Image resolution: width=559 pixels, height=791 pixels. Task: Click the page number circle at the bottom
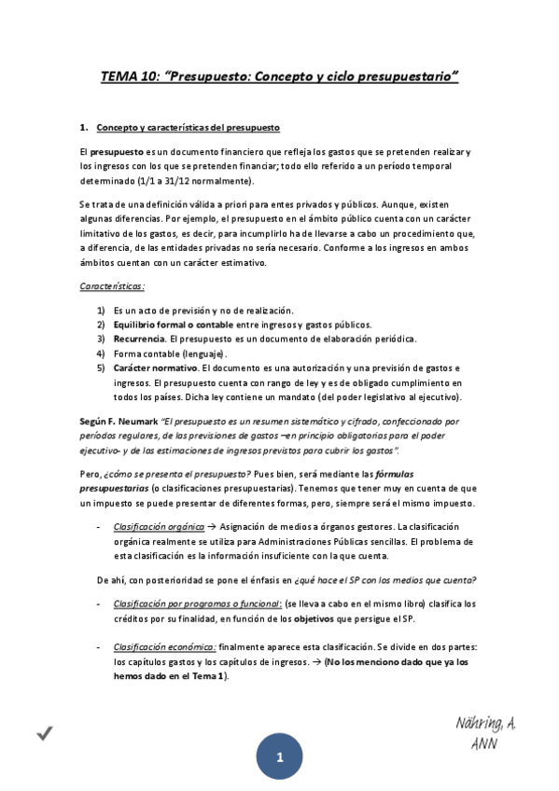coord(279,758)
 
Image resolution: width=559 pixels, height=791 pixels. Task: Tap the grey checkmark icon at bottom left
coord(44,735)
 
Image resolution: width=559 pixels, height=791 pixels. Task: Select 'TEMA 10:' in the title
coord(131,77)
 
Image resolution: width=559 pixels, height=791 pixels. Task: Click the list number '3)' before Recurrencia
coord(101,339)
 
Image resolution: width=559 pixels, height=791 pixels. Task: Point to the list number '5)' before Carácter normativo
coord(101,368)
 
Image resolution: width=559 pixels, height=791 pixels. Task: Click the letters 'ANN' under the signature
coord(484,744)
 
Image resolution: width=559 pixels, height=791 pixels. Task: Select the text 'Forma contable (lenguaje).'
coord(168,354)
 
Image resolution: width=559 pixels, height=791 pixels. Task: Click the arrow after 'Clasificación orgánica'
coord(213,527)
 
